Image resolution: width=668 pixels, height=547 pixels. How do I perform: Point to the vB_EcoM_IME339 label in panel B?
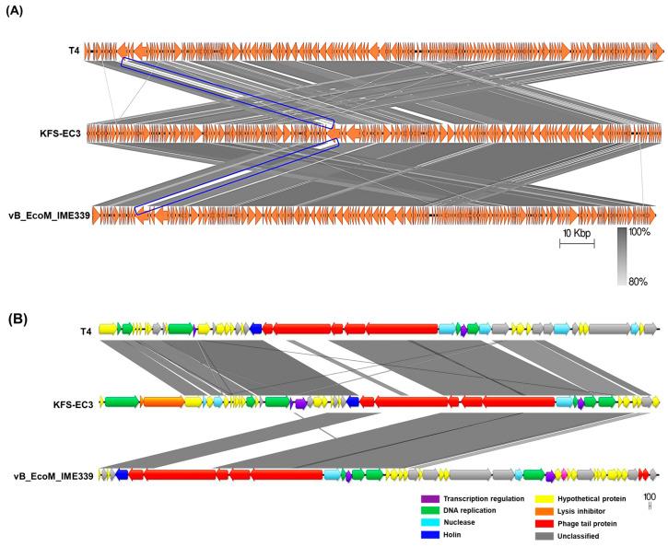[51, 475]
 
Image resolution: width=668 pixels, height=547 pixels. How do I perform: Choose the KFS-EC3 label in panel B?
[73, 402]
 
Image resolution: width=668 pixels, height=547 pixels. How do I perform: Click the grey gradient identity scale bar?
[624, 256]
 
